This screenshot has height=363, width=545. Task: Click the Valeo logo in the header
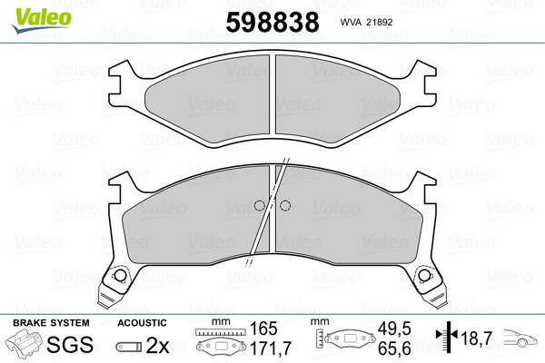[x=42, y=20]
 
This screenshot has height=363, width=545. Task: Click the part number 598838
[x=272, y=22]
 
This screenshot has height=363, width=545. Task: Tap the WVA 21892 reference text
[x=366, y=22]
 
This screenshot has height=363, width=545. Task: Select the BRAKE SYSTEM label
[x=51, y=323]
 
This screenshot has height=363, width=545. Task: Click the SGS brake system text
[x=70, y=344]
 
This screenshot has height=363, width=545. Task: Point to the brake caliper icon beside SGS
[x=25, y=343]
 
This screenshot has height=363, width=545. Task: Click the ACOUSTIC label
[x=142, y=323]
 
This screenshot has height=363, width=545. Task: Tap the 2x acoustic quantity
[x=157, y=345]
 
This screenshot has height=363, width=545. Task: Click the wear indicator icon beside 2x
[x=129, y=347]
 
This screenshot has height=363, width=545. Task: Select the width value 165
[x=263, y=329]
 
